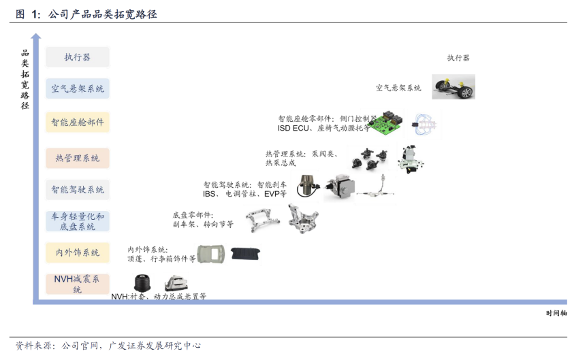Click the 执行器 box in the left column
(78, 57)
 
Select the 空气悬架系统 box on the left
(78, 89)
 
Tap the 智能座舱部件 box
(78, 123)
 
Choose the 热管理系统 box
(78, 158)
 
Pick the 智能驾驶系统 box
(78, 190)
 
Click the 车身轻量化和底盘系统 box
(78, 221)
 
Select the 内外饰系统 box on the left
(78, 252)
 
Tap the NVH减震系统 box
(78, 284)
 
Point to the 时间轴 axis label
(556, 313)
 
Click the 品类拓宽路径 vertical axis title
(25, 80)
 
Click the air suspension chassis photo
(454, 87)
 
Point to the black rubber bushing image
(142, 284)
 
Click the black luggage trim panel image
(245, 253)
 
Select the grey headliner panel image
(212, 254)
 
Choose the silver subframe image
(264, 219)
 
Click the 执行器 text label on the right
(458, 58)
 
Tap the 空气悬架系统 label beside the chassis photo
(398, 88)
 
